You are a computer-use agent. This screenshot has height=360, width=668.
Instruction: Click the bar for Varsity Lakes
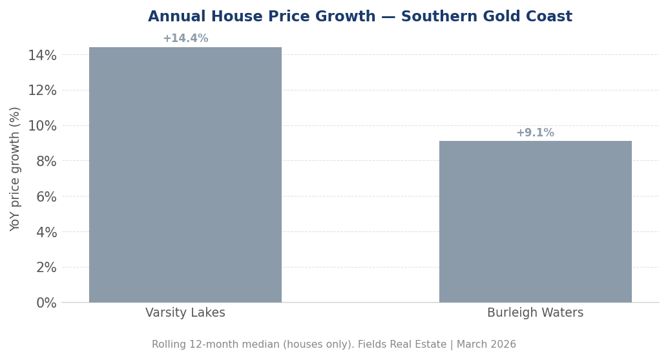pos(185,175)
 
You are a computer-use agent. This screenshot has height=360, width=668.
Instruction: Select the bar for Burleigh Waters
pos(535,222)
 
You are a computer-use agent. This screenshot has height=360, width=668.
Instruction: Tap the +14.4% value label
pos(185,39)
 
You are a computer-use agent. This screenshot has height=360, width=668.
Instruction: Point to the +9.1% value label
pos(535,133)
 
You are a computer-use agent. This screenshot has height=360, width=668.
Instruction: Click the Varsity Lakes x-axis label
pos(185,313)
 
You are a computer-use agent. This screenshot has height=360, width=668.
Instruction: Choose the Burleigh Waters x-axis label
pos(535,313)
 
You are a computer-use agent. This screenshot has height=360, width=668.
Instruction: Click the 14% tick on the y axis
pos(42,56)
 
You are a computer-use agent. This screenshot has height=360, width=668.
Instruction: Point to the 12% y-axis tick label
pos(42,90)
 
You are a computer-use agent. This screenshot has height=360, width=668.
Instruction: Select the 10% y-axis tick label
pos(42,126)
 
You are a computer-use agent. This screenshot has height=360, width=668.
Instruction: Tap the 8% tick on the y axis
pos(46,162)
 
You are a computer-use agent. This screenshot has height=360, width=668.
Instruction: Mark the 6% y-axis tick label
pos(46,197)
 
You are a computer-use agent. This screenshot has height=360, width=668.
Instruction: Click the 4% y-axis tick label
pos(46,232)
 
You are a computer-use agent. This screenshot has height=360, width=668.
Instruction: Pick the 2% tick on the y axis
pos(46,268)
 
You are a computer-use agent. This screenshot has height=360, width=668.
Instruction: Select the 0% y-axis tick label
pos(46,302)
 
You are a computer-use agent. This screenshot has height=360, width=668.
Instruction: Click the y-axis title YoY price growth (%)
pos(16,169)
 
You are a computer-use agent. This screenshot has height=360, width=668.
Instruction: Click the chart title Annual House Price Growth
pos(262,17)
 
